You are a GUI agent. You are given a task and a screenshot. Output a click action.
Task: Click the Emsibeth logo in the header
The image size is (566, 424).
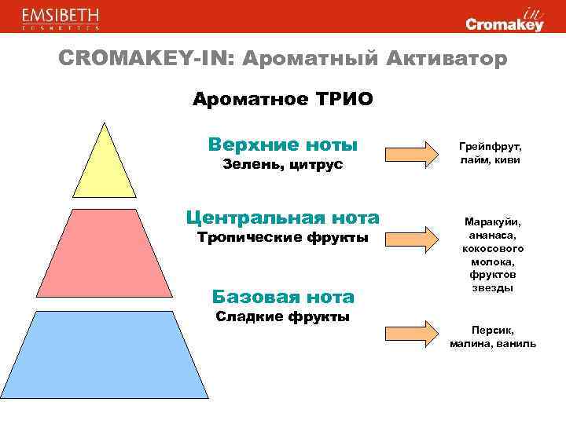click(61, 19)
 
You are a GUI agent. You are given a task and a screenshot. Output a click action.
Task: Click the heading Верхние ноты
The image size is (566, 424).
click(283, 144)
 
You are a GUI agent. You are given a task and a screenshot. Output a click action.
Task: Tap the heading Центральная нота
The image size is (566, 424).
click(282, 217)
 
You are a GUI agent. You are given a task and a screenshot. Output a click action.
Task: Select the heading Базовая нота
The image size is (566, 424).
click(283, 297)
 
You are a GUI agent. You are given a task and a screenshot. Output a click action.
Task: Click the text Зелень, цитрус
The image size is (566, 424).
click(283, 165)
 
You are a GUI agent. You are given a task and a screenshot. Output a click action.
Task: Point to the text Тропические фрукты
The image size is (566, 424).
click(282, 237)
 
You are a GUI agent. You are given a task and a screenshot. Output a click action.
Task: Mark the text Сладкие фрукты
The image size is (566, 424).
click(283, 316)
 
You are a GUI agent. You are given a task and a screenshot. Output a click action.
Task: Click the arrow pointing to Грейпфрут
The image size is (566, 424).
click(417, 153)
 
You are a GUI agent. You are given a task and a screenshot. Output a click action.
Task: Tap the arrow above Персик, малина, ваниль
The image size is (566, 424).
click(417, 332)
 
